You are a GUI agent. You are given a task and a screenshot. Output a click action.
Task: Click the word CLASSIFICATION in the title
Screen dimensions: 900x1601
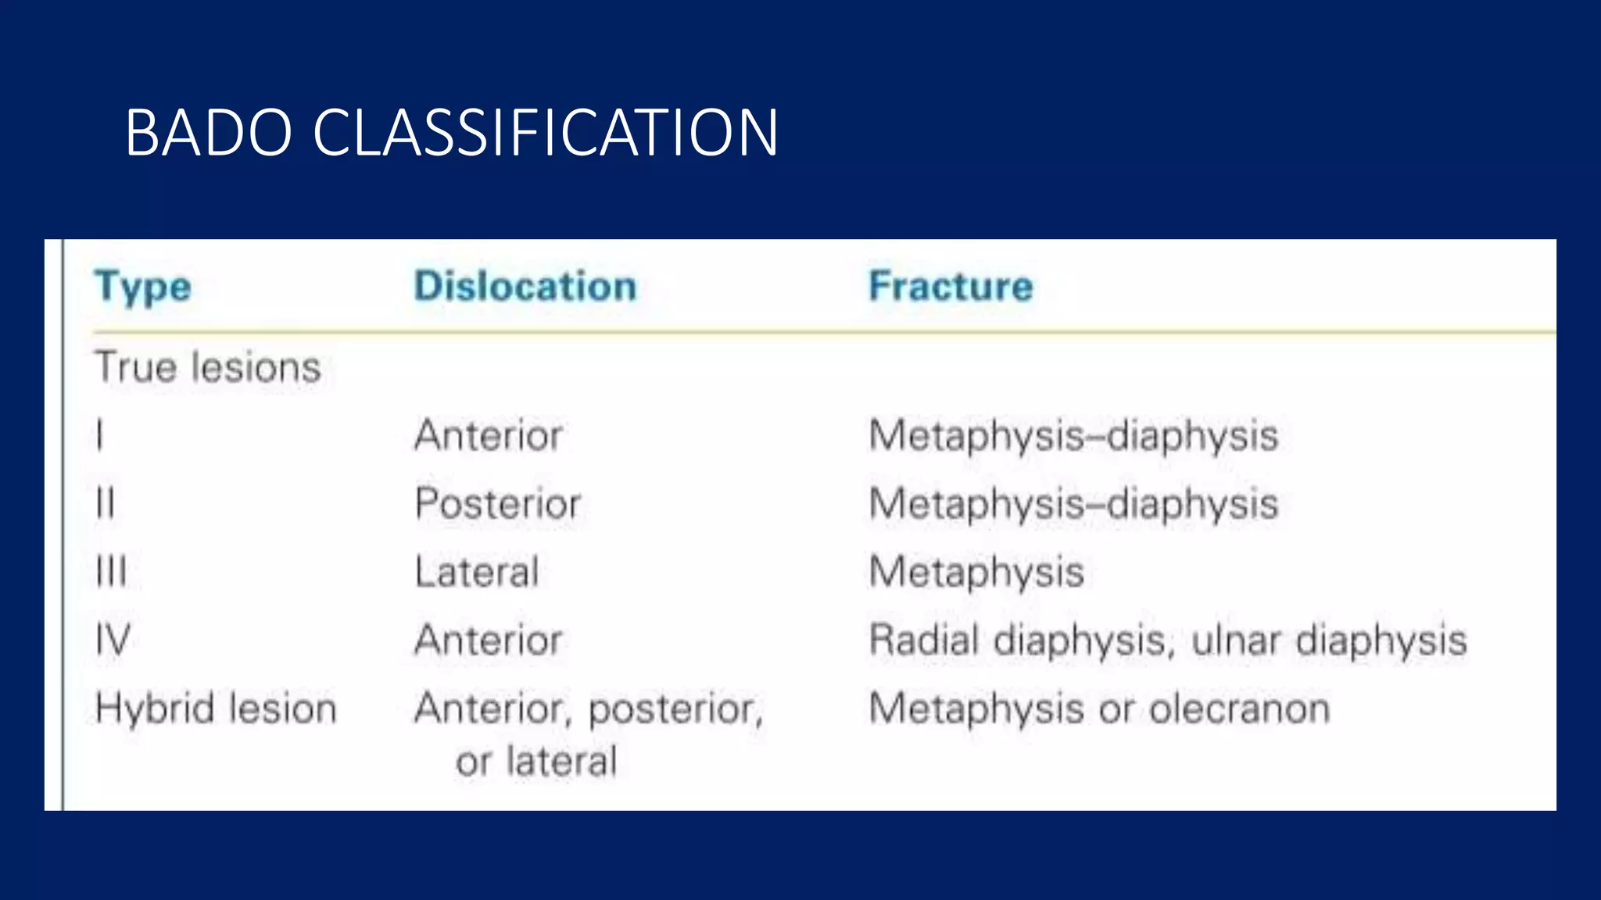coord(545,133)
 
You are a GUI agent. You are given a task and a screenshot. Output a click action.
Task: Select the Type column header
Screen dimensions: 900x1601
coord(143,287)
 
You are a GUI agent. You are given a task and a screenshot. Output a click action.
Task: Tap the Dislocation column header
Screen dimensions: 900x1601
coord(525,286)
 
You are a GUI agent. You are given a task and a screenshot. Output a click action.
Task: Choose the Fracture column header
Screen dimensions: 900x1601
coord(951,286)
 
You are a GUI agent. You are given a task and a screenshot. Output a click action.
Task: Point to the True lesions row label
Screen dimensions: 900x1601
coord(208,367)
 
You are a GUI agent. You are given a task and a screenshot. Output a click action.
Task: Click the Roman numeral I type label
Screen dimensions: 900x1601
coord(99,435)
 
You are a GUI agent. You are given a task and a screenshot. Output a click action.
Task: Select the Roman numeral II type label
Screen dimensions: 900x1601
coord(105,503)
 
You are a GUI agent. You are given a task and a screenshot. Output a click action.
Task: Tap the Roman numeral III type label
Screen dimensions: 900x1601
coord(110,572)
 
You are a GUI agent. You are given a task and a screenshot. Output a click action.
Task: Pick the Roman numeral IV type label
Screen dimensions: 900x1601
coord(113,640)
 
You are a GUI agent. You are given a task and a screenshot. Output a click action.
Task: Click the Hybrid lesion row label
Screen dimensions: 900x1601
coord(216,709)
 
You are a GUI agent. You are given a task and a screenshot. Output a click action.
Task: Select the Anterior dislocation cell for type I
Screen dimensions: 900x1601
coord(489,435)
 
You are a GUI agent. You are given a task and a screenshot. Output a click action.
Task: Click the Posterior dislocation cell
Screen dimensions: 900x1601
coord(497,503)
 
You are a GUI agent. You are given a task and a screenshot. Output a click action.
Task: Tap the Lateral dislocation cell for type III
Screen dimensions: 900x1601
coord(477,572)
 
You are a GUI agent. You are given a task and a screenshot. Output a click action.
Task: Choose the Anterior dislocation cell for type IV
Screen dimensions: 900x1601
coord(489,640)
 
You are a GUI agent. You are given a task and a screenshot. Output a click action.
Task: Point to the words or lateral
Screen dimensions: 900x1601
coord(536,761)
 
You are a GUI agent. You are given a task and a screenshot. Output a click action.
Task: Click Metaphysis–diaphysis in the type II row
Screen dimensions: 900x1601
coord(1073,503)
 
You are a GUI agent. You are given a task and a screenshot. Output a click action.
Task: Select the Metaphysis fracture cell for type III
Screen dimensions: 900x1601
coord(976,572)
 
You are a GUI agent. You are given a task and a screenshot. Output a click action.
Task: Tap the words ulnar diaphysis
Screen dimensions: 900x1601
coord(1329,640)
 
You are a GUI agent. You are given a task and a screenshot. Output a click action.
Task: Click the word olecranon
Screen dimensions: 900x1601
coord(1239,709)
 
